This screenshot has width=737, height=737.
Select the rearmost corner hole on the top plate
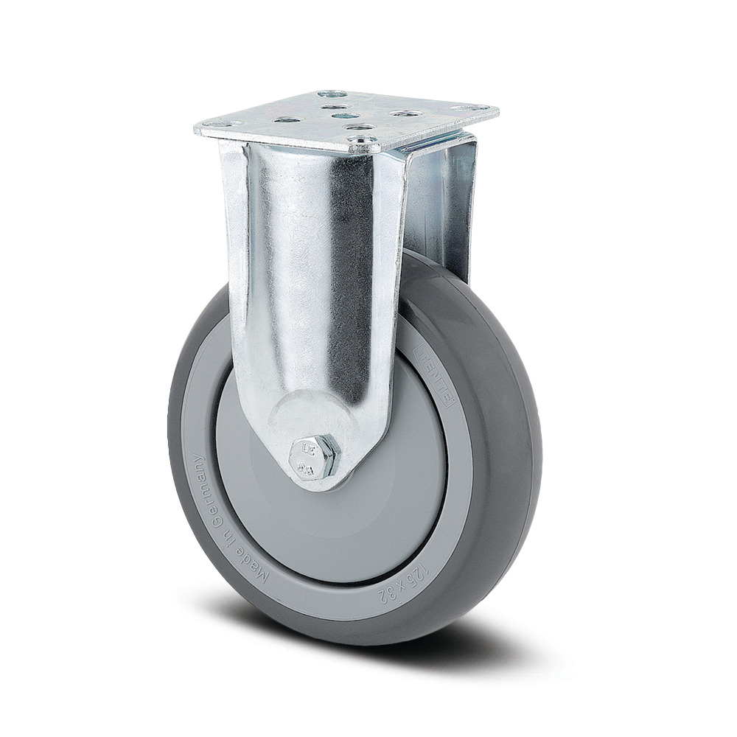coord(332,94)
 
